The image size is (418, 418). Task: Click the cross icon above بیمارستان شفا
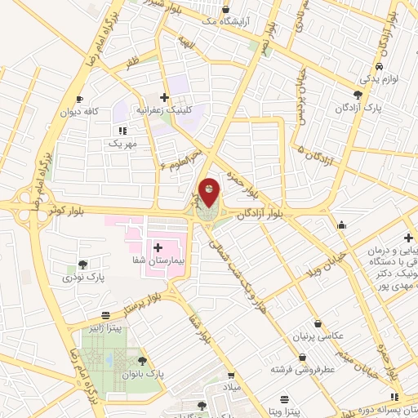coord(158,246)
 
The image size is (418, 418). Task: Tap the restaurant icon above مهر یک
coord(123,130)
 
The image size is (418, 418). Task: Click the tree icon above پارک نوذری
coord(82,264)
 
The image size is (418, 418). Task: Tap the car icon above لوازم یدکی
coord(379,67)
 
